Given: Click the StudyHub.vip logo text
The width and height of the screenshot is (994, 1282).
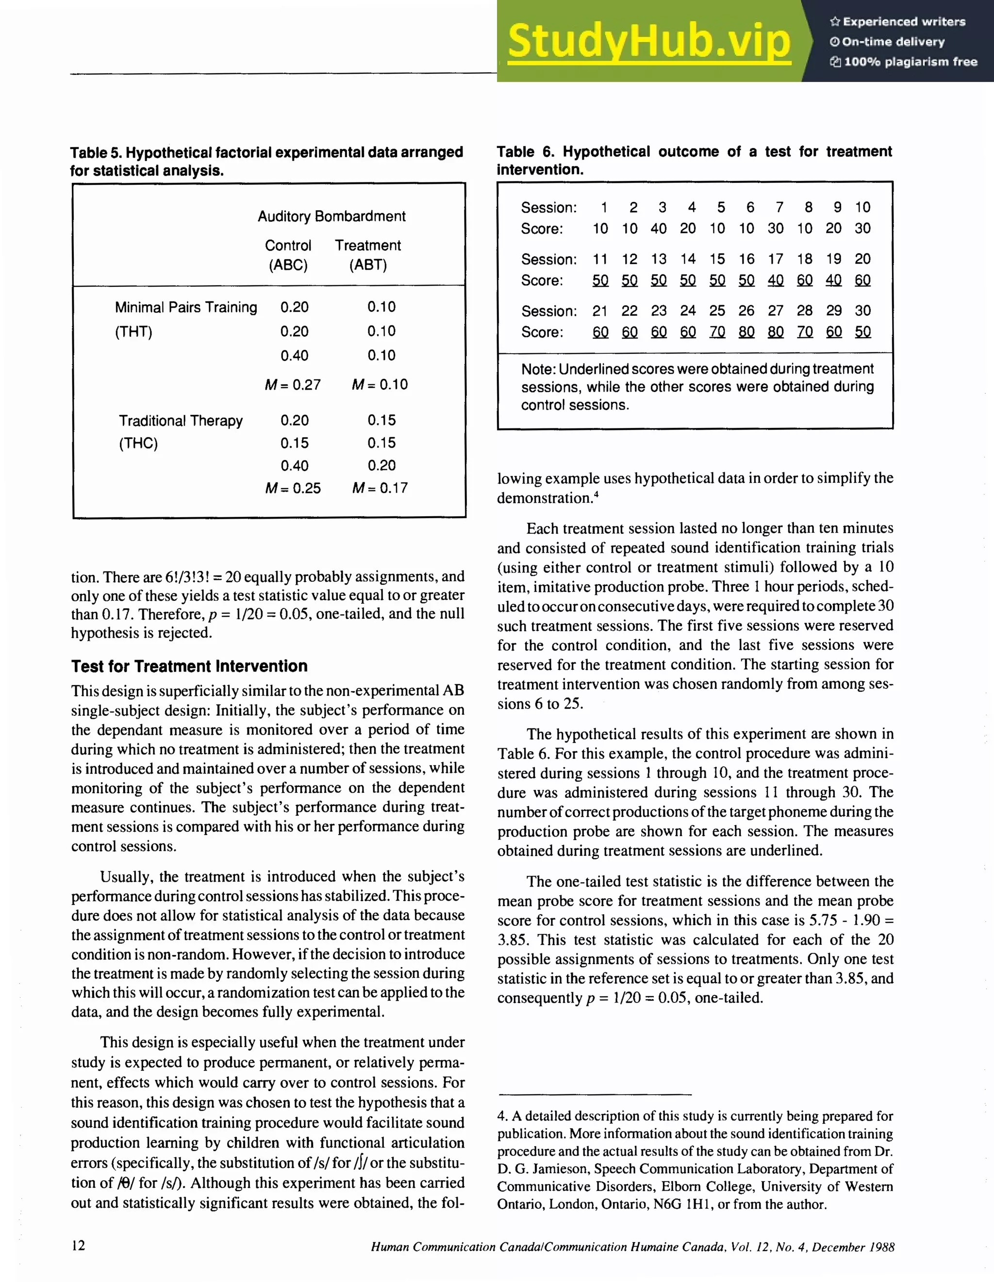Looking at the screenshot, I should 649,41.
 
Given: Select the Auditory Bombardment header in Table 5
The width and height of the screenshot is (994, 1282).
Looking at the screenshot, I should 331,216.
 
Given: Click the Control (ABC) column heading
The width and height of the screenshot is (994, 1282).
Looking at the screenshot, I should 288,255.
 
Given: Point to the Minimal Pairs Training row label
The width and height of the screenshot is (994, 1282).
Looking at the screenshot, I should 185,307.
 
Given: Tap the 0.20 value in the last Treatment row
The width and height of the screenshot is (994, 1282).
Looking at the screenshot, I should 381,465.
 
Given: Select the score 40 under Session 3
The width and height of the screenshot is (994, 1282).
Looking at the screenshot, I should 658,229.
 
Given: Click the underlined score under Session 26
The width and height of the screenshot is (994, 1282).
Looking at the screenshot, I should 746,332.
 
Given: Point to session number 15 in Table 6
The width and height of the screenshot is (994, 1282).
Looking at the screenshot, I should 717,259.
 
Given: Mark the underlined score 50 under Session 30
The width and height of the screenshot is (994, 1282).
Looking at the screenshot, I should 862,332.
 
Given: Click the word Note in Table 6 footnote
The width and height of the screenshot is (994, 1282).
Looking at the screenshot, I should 537,369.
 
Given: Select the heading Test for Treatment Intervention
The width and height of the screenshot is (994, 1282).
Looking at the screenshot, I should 189,666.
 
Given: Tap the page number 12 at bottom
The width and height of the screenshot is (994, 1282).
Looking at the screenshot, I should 78,1245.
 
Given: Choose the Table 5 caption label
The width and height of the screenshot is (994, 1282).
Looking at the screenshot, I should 96,153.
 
